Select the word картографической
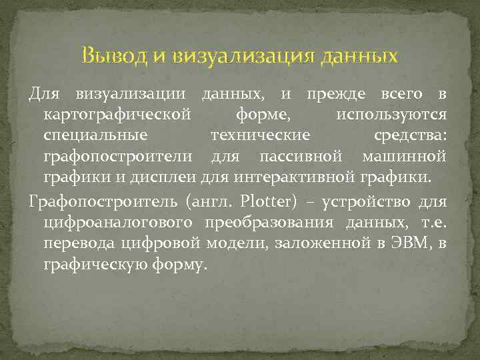117,115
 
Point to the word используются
391,115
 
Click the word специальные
95,136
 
